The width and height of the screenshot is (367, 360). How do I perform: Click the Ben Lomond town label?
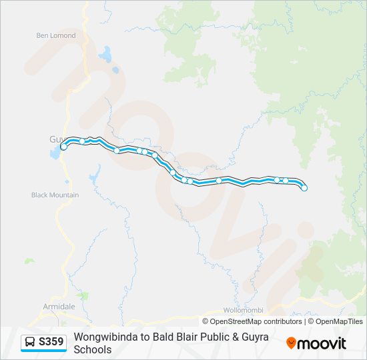click(x=56, y=35)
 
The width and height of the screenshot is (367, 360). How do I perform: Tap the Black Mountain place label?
click(x=55, y=195)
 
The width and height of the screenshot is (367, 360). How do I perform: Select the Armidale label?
click(x=59, y=306)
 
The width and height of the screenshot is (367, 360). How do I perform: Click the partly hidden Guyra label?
click(x=54, y=139)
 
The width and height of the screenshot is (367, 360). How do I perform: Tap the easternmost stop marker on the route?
click(x=304, y=189)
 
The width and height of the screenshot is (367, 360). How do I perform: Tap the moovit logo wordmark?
click(x=322, y=343)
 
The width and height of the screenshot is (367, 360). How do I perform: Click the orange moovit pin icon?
click(x=291, y=343)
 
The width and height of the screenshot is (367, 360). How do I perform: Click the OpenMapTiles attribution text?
click(x=340, y=321)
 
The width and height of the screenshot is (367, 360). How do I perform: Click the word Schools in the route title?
click(x=93, y=349)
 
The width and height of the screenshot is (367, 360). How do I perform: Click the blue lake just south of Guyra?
click(x=53, y=155)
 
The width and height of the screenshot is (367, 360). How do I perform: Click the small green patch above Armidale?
click(x=82, y=294)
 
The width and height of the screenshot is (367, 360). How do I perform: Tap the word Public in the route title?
click(x=218, y=337)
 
